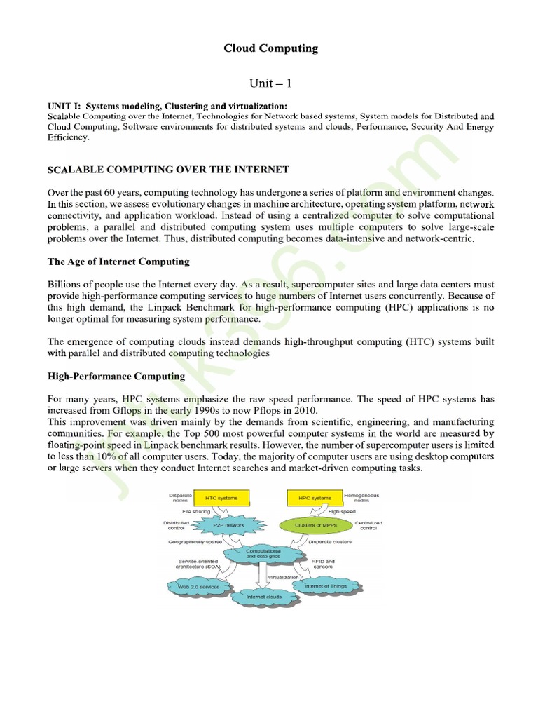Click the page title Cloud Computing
coord(270,48)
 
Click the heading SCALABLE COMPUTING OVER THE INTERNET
coord(168,170)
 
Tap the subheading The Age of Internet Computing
coord(118,262)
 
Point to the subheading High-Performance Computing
coord(116,376)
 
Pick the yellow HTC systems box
coord(221,498)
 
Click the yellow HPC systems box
coord(314,498)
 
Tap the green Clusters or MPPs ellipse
coord(314,524)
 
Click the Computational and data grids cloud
coord(263,553)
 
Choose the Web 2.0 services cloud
coord(198,586)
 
